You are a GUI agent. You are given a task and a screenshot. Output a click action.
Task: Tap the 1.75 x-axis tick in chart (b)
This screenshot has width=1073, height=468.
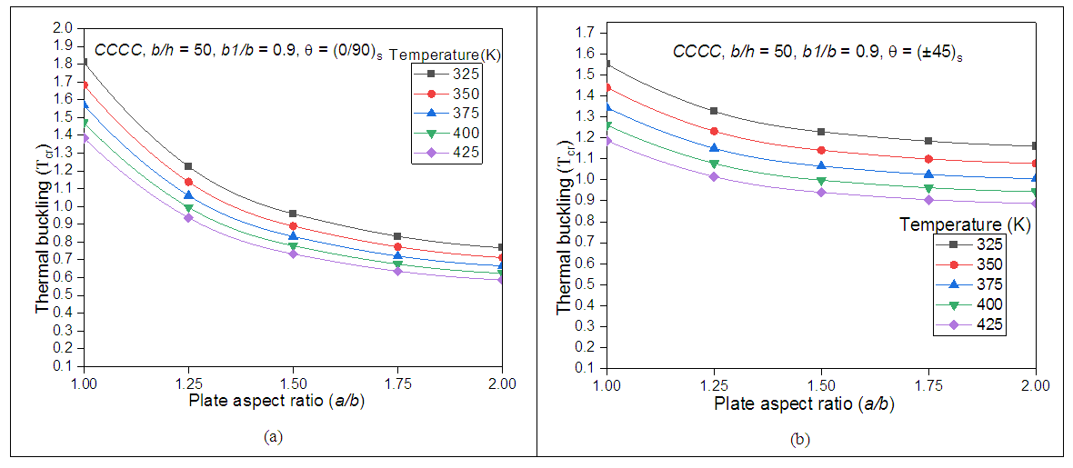pyautogui.click(x=928, y=385)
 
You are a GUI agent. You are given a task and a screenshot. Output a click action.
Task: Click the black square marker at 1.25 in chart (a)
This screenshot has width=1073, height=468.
pyautogui.click(x=188, y=166)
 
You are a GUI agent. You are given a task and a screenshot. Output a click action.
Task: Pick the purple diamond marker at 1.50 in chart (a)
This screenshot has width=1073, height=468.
pyautogui.click(x=293, y=254)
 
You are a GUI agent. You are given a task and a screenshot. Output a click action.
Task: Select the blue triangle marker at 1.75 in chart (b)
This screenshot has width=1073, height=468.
pyautogui.click(x=928, y=174)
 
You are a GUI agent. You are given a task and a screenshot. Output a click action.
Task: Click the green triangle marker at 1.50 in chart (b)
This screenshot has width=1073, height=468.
pyautogui.click(x=821, y=181)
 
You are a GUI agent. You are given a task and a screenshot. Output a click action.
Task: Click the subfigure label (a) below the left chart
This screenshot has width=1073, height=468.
pyautogui.click(x=272, y=437)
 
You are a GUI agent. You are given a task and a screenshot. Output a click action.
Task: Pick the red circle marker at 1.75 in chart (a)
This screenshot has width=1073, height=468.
pyautogui.click(x=397, y=247)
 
